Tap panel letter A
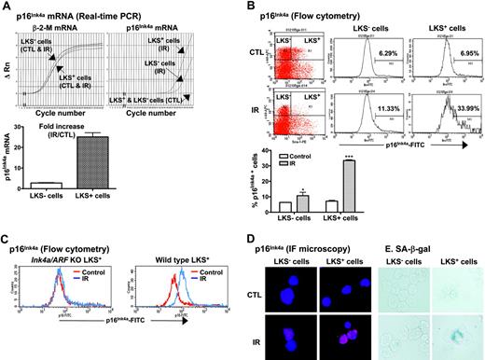click(7, 7)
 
